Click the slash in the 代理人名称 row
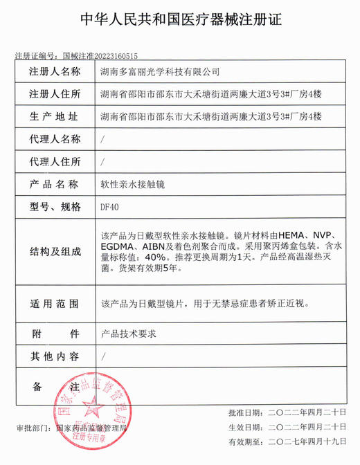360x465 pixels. coord(103,139)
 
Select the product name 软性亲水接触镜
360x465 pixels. coord(133,185)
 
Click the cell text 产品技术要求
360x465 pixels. coord(129,334)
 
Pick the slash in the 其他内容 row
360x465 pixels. coord(103,356)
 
